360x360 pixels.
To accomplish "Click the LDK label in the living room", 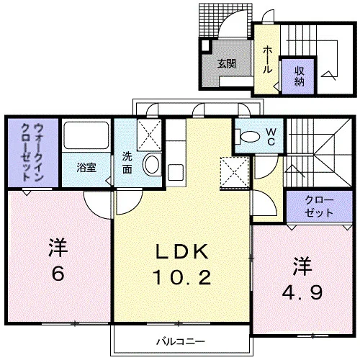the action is click(182, 251).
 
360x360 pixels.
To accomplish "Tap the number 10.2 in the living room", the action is click(182, 277).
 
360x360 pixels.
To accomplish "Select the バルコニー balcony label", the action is click(181, 341).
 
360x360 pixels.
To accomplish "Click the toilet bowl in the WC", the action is click(248, 137).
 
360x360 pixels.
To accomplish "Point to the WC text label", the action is click(271, 137).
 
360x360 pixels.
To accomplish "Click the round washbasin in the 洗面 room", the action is click(152, 164).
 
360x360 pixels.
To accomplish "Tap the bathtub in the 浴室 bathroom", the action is click(86, 135).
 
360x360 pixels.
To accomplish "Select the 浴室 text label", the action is click(86, 168).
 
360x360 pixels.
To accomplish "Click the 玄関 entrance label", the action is click(226, 63).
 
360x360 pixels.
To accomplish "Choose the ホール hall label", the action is click(267, 60).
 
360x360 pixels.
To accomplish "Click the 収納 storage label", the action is click(300, 76).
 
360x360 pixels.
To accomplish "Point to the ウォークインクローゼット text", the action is click(32, 152).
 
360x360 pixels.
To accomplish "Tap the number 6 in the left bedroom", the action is click(58, 274).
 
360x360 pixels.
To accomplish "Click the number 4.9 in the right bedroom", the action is click(302, 292).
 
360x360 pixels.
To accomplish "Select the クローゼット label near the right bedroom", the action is click(319, 207).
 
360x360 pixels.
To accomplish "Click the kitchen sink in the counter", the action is click(176, 172).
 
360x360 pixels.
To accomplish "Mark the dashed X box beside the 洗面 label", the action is click(149, 135).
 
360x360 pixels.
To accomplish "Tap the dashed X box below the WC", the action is click(234, 172).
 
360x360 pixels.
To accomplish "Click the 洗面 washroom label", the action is click(127, 163).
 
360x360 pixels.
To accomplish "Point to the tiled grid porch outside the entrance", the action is click(225, 20).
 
